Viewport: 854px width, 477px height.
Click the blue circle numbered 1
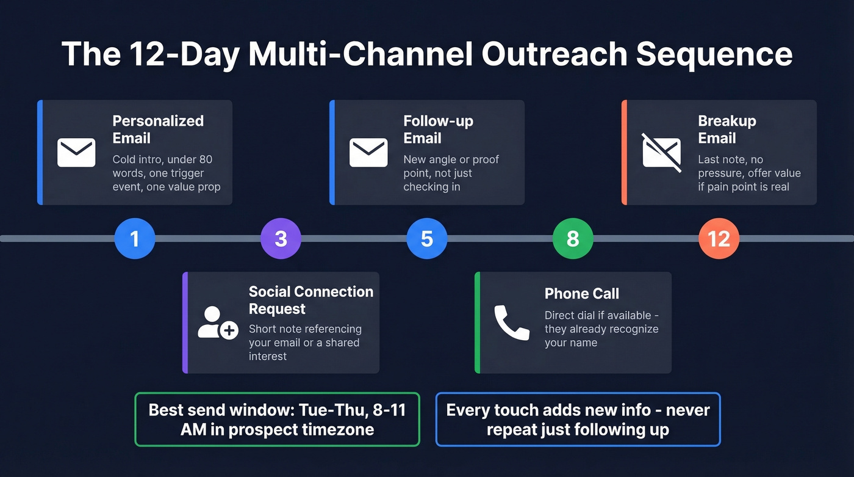[x=135, y=239]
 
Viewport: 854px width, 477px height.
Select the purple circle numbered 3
[x=281, y=239]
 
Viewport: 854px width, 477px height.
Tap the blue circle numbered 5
[x=427, y=239]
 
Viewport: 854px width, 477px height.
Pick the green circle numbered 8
[x=572, y=239]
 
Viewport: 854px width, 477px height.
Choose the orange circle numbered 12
[x=719, y=239]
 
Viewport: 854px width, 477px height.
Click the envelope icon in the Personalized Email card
[x=76, y=152]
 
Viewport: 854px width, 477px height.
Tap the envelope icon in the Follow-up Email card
[x=368, y=152]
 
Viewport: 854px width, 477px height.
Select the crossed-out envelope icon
[x=661, y=152]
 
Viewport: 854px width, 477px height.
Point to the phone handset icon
[x=511, y=322]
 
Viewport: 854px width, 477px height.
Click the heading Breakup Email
[x=727, y=129]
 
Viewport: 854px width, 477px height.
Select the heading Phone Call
[x=581, y=294]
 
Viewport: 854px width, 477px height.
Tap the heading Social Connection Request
[x=310, y=300]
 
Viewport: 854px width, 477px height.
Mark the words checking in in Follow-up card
[x=431, y=187]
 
